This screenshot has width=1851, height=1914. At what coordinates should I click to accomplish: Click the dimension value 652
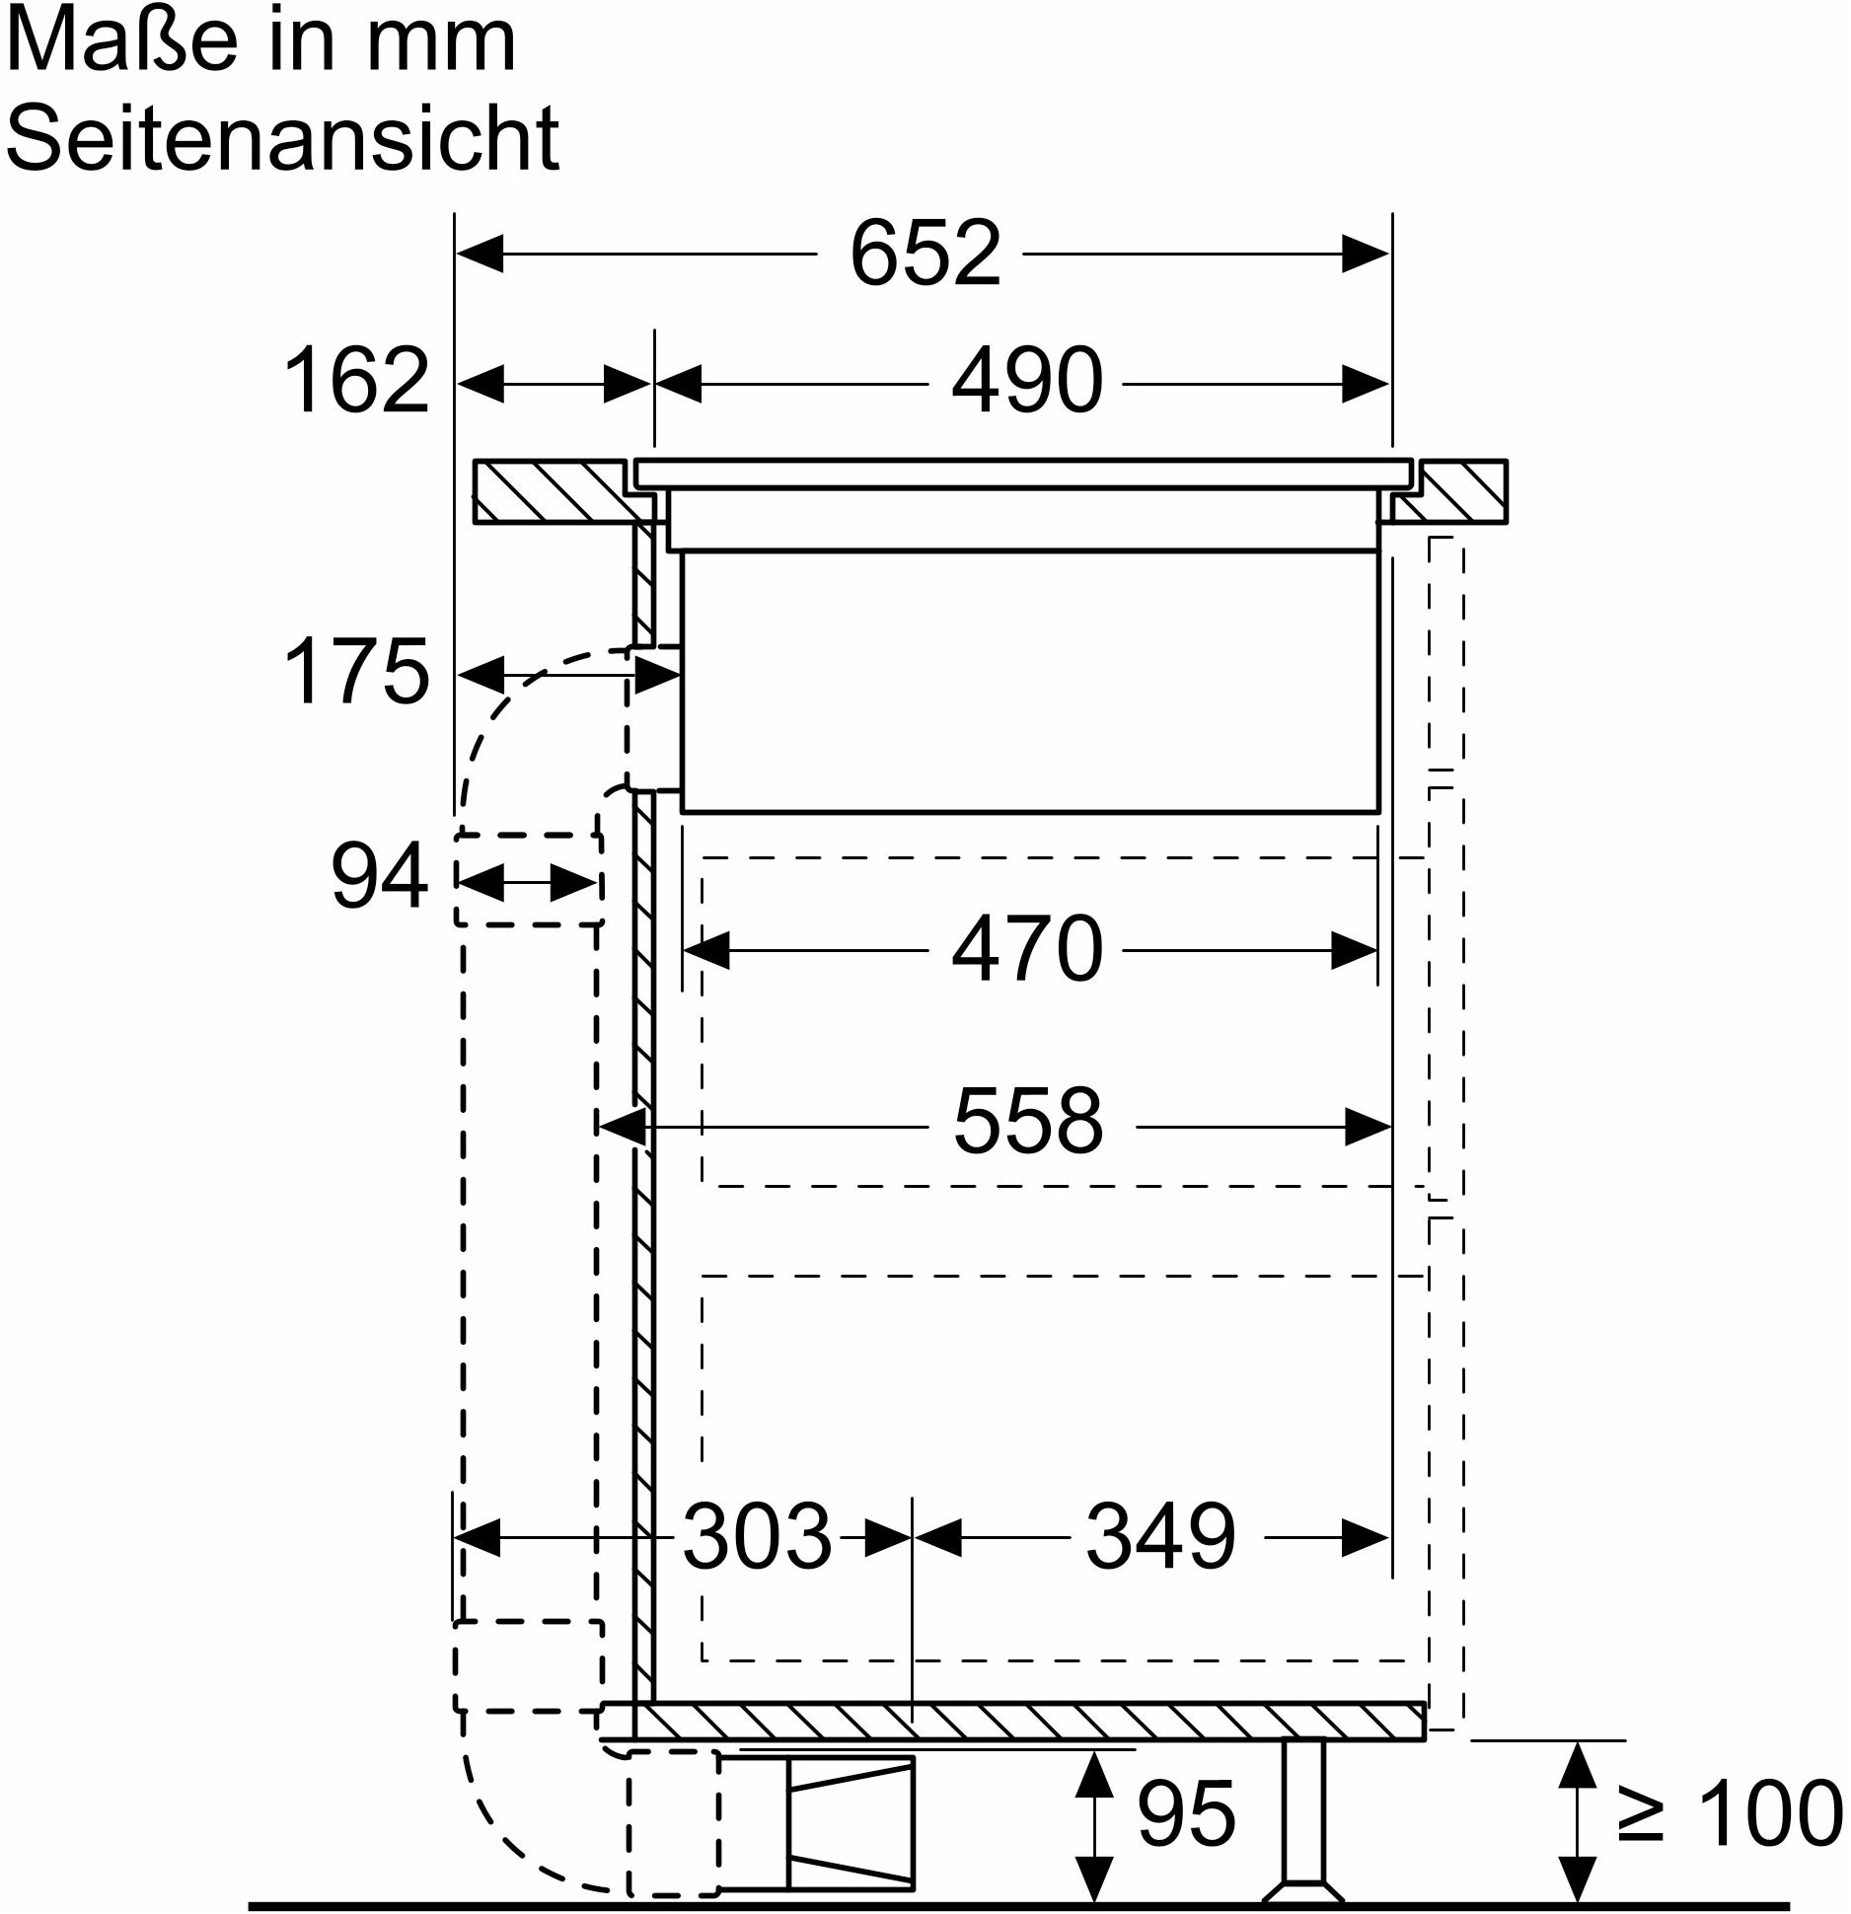(925, 255)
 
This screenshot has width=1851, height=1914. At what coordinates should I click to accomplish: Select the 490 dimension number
(1027, 381)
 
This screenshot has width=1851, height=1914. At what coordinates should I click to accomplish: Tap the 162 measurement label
(356, 381)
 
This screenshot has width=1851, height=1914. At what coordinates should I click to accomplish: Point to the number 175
(356, 671)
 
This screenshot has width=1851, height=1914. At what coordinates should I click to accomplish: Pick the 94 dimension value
(379, 876)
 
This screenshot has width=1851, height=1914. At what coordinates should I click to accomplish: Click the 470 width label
(1027, 948)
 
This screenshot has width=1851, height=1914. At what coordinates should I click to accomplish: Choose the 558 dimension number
(1028, 1122)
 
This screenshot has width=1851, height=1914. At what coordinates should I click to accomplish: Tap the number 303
(758, 1536)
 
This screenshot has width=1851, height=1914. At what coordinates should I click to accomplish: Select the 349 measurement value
(1160, 1536)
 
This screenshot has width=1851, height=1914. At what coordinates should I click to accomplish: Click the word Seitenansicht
(283, 136)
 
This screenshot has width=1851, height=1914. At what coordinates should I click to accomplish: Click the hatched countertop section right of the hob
(1450, 491)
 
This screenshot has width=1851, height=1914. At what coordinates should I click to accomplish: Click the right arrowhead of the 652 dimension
(1366, 255)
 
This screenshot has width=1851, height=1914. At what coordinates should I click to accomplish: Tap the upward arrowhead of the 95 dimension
(1092, 1774)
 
